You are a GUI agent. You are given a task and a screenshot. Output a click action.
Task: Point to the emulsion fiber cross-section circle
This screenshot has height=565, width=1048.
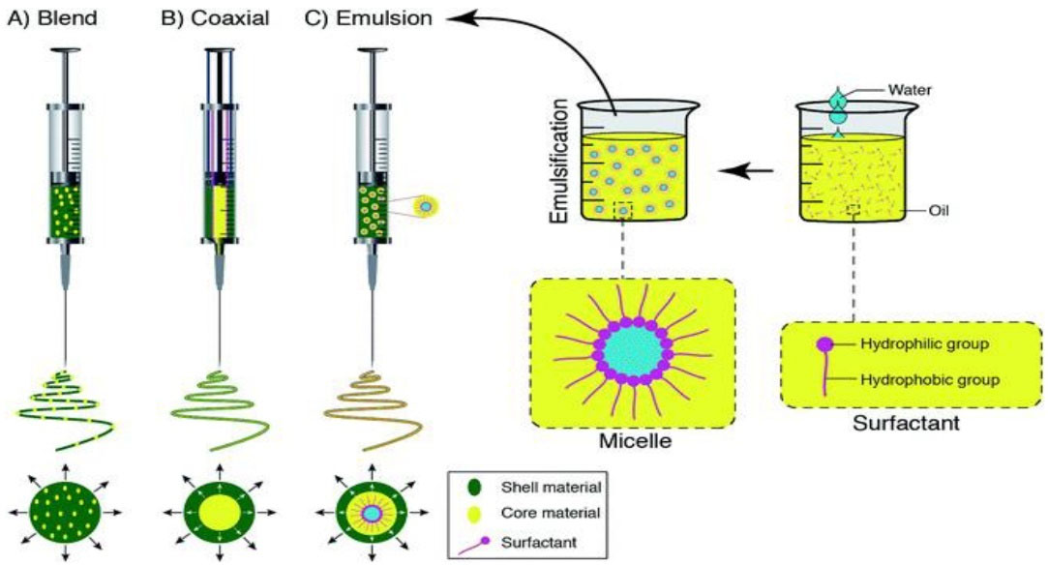click(371, 511)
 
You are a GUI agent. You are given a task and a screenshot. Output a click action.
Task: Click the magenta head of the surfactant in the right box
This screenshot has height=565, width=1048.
click(824, 344)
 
